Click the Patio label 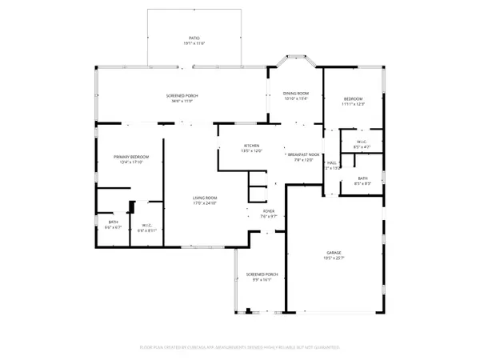click(x=194, y=38)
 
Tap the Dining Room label click(x=296, y=94)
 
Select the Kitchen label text click(x=252, y=146)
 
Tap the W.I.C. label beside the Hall click(x=362, y=142)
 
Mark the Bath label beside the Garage click(x=363, y=178)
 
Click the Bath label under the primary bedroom click(x=113, y=222)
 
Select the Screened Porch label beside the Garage click(x=262, y=274)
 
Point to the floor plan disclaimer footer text click(x=239, y=348)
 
